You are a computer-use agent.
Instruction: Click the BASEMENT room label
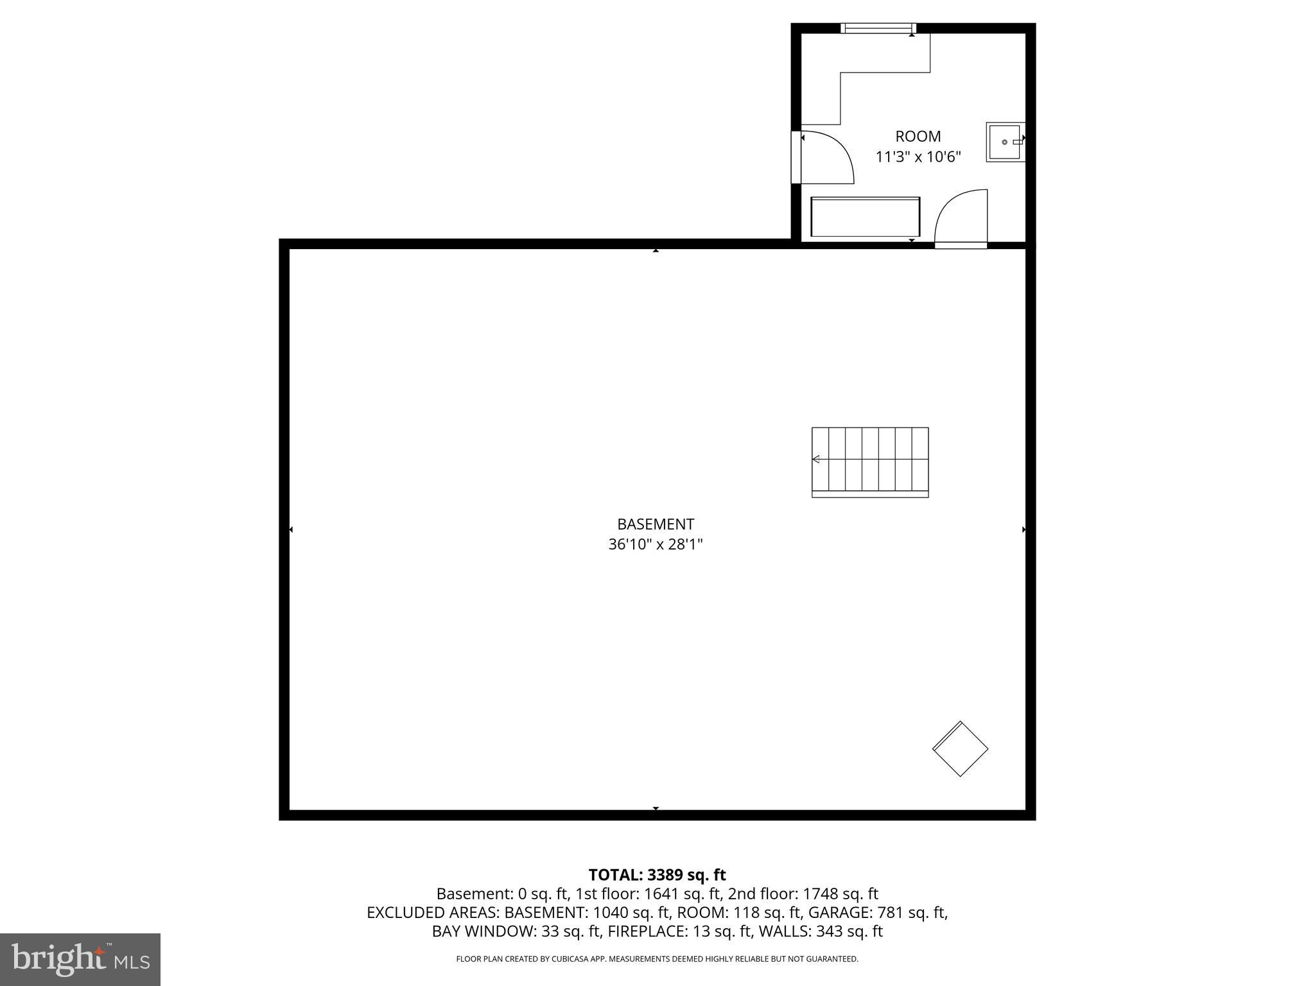(x=656, y=524)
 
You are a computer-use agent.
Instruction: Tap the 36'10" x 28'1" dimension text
(x=656, y=544)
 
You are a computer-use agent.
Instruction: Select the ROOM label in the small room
(x=918, y=136)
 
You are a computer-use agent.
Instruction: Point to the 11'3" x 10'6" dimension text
(x=918, y=157)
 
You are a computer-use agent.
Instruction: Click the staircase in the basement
(x=870, y=462)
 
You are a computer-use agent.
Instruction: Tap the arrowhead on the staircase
(x=816, y=459)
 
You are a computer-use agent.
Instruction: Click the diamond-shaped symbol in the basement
(x=960, y=748)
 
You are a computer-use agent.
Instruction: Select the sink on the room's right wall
(x=1006, y=142)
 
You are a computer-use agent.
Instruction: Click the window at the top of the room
(x=878, y=28)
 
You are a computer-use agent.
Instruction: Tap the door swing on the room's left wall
(x=826, y=157)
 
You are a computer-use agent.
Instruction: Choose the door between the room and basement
(x=961, y=218)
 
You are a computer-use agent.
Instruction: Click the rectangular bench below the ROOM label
(x=865, y=217)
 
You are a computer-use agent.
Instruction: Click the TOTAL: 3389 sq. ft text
(x=657, y=875)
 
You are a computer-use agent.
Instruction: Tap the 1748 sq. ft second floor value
(x=840, y=894)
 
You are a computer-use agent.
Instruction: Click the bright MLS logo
(x=80, y=959)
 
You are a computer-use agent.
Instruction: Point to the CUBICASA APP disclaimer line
(x=657, y=959)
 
